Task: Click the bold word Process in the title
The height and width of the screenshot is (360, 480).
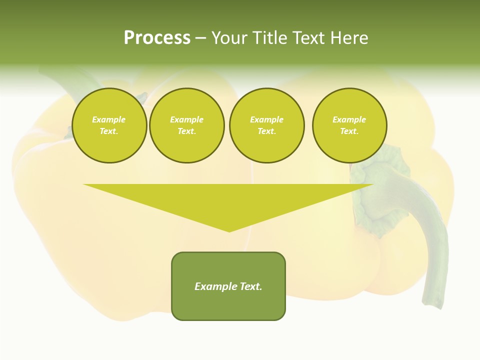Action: click(157, 38)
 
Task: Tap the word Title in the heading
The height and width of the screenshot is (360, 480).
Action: click(268, 38)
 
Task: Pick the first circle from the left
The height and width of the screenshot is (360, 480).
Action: click(109, 125)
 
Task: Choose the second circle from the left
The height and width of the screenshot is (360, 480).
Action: click(187, 125)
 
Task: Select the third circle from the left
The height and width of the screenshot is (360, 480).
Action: click(267, 125)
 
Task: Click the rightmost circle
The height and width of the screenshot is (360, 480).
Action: click(349, 125)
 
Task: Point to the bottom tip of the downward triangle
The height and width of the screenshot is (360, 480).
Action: click(229, 231)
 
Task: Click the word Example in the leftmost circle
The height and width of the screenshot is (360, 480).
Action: click(109, 119)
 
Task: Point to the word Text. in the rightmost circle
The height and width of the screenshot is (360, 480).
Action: click(349, 131)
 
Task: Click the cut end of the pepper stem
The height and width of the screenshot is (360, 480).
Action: click(432, 302)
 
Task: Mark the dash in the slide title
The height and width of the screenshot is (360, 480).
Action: click(200, 38)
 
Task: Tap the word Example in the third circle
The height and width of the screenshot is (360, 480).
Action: click(267, 119)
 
